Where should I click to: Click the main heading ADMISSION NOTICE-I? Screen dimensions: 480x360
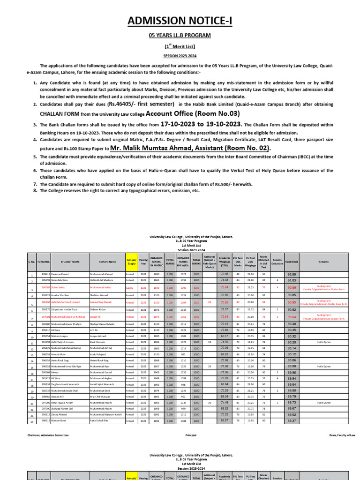(180, 22)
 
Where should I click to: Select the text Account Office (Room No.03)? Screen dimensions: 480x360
(193, 113)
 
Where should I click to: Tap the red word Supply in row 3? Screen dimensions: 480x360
(130, 287)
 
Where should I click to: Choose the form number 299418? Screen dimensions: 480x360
(45, 274)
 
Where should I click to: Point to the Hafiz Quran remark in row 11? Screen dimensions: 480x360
(324, 343)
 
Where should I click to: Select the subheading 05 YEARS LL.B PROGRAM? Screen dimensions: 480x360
(180, 36)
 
